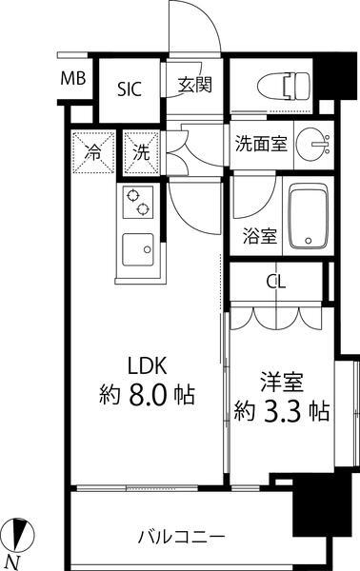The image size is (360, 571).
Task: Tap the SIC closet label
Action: (x=130, y=89)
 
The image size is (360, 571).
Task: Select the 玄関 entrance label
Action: (x=194, y=85)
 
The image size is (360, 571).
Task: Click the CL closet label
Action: (x=275, y=282)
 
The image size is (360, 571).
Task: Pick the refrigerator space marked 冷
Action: (x=93, y=150)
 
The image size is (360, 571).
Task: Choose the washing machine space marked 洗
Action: (x=140, y=150)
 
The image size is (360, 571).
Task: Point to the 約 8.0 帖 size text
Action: (x=147, y=393)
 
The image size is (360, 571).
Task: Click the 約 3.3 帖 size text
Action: (x=282, y=412)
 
